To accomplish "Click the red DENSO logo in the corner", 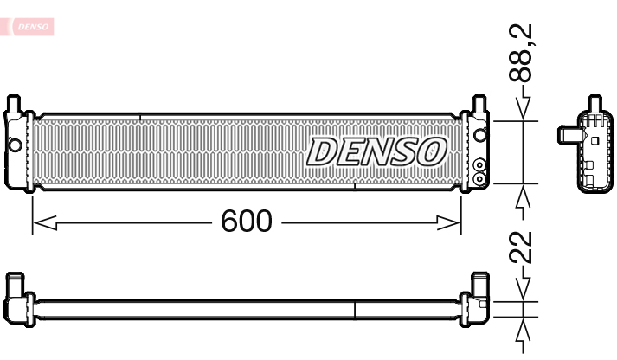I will click(x=32, y=29).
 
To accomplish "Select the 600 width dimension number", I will click(x=246, y=222).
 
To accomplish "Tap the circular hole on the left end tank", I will click(x=15, y=144).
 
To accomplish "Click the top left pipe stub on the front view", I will click(x=14, y=105).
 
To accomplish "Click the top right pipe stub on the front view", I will click(x=478, y=105).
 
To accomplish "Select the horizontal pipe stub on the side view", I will click(x=566, y=135).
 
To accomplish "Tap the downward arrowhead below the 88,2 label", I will click(x=523, y=109).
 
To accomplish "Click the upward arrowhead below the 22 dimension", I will click(x=523, y=331).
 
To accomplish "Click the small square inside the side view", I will click(x=594, y=139).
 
